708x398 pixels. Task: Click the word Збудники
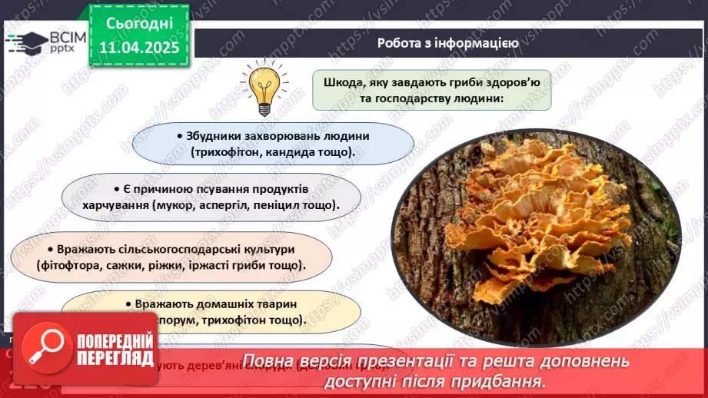click(x=214, y=135)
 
